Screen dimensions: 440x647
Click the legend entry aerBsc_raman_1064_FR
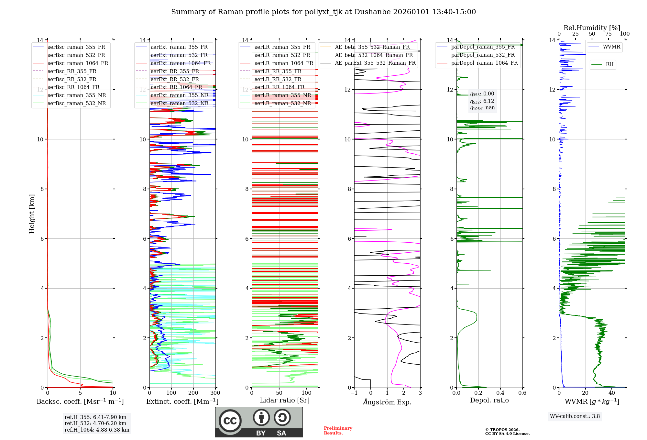[x=78, y=63]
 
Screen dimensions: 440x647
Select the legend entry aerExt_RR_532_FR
[x=175, y=79]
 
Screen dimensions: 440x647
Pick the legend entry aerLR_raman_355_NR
[x=282, y=95]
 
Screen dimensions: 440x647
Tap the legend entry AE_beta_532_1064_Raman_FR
[x=374, y=55]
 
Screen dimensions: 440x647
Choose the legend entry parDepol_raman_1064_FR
[x=484, y=63]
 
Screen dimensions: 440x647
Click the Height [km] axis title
[x=32, y=214]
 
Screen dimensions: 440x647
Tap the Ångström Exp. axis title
[x=387, y=402]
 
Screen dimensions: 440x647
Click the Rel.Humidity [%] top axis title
[x=592, y=28]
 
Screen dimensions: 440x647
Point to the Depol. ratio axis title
[x=489, y=400]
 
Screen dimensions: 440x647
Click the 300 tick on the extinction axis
[x=215, y=393]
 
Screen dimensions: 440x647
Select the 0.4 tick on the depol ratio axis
[x=500, y=393]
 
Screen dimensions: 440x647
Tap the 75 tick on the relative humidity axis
[x=608, y=34]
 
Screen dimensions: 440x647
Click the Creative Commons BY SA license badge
[x=259, y=422]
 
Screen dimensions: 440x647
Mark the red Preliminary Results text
[x=338, y=430]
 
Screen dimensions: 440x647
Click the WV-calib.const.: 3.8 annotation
[x=575, y=416]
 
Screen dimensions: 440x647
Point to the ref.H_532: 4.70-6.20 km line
[x=95, y=423]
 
